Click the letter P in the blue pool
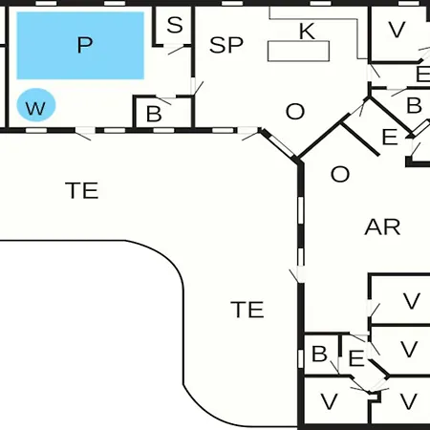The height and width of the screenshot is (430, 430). (85, 45)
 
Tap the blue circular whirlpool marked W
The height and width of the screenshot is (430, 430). (36, 105)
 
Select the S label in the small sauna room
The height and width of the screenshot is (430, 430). (175, 25)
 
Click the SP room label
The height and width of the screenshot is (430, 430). (226, 45)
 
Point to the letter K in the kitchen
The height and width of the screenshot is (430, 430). (307, 32)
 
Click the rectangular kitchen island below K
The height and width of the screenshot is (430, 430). (298, 51)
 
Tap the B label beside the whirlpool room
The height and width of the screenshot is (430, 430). (154, 114)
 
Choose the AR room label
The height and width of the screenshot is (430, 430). (382, 227)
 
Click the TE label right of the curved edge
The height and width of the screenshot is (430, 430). (247, 310)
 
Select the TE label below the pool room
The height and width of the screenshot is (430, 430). (82, 190)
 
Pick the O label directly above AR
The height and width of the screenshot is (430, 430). (340, 174)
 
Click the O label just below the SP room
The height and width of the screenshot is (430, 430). (295, 112)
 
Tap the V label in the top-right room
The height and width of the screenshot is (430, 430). (397, 30)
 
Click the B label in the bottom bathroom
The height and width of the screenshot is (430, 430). (319, 354)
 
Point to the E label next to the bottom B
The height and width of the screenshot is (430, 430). (356, 358)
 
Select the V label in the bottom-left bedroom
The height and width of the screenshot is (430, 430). (329, 401)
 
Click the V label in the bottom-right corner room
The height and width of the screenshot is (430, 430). (409, 401)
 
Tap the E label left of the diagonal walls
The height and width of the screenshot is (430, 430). (390, 137)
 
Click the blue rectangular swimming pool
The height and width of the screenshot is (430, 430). (80, 46)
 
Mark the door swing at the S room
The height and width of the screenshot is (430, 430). (176, 50)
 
